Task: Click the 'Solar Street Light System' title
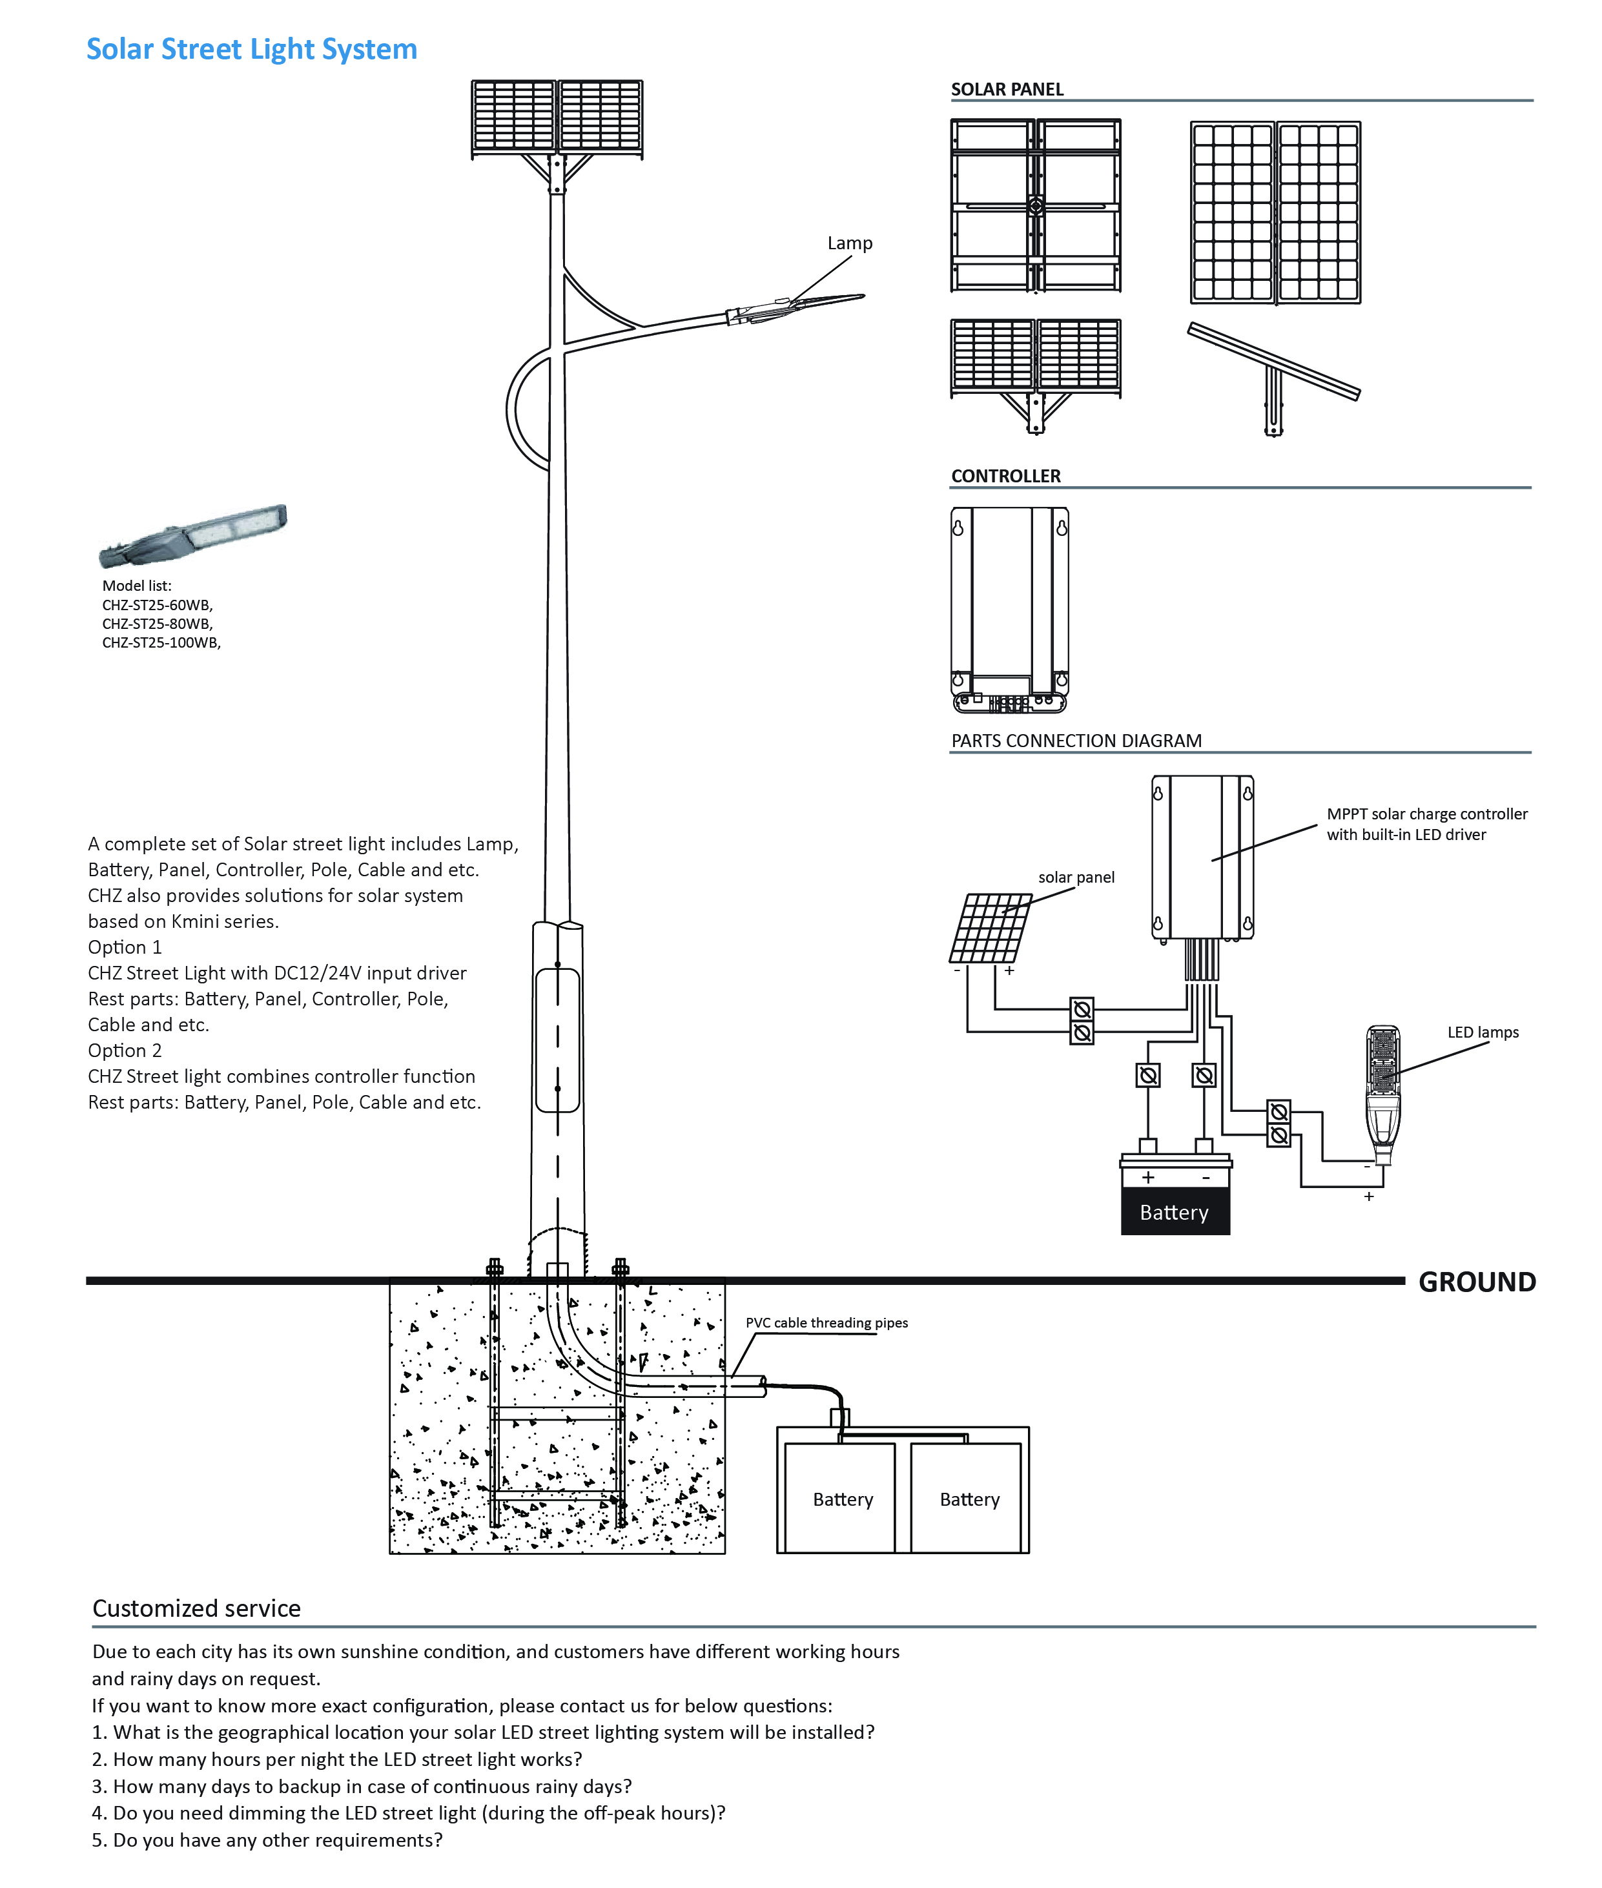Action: [x=252, y=49]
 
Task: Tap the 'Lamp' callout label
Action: [x=849, y=243]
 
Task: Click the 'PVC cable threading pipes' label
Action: [x=827, y=1322]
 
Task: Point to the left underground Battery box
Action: [x=842, y=1499]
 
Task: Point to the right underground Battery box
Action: [x=969, y=1499]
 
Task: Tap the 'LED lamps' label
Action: [x=1482, y=1032]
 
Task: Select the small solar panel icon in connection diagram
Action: [x=991, y=928]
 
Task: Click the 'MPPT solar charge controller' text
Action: [x=1426, y=814]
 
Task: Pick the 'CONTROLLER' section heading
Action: [x=1005, y=476]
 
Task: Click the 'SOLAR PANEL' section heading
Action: [x=1006, y=89]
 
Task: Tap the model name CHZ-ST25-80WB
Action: [x=157, y=624]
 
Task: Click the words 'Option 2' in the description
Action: [x=125, y=1050]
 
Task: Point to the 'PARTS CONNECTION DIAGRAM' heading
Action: [x=1076, y=740]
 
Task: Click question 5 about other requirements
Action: [x=267, y=1839]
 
